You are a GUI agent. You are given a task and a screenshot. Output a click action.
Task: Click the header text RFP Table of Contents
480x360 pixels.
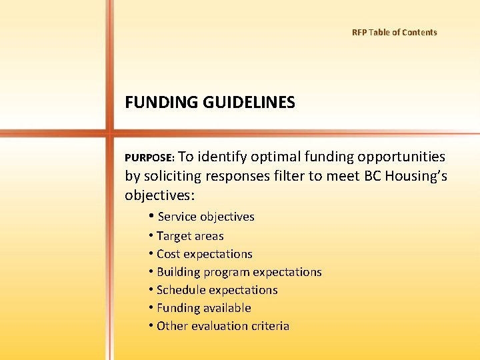(394, 32)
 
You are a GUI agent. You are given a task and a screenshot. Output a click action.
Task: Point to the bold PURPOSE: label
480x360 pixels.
(150, 158)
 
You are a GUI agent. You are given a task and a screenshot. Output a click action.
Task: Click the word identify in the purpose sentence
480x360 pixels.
(223, 157)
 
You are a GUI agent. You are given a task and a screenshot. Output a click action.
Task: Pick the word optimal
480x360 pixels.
(275, 157)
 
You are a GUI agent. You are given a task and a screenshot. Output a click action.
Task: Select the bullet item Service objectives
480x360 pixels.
(205, 217)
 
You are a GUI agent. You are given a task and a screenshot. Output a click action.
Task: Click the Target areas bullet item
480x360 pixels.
(190, 236)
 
